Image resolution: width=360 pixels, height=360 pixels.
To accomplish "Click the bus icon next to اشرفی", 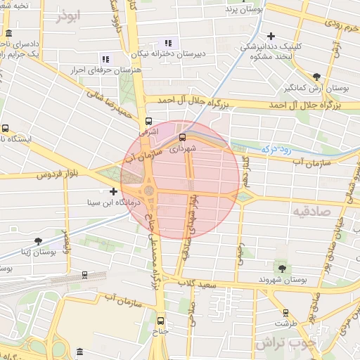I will [x=148, y=120].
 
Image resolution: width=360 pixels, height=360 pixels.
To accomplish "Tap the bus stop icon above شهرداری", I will [x=183, y=137].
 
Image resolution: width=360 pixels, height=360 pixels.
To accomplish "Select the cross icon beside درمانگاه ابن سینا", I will [x=114, y=191].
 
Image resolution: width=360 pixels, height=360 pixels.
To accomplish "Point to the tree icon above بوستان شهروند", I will [x=283, y=268].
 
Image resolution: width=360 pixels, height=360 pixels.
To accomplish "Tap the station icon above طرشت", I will [x=285, y=313].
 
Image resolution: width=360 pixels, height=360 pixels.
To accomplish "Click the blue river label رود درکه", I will [x=276, y=149].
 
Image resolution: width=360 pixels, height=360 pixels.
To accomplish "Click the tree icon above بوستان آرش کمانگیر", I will [x=317, y=77].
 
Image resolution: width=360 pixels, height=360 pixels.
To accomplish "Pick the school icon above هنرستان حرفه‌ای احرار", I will [x=106, y=59].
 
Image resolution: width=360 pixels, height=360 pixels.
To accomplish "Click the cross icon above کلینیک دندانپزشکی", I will [x=271, y=35].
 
